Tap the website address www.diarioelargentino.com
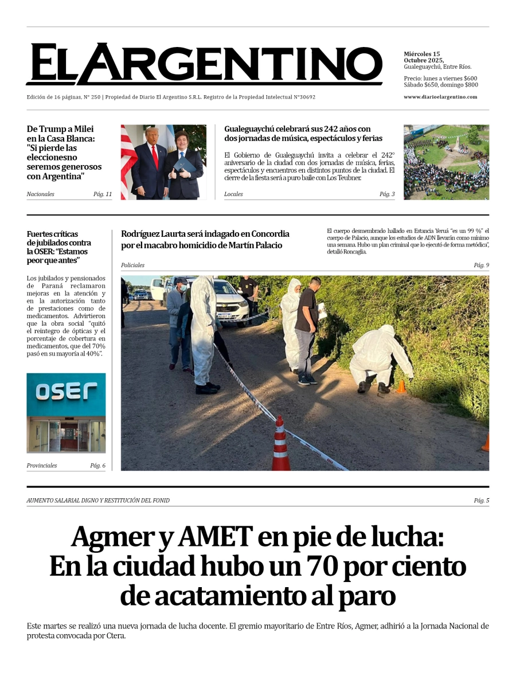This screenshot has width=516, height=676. (440, 97)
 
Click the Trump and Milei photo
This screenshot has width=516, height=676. (163, 162)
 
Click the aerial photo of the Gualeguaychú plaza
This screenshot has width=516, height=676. (446, 162)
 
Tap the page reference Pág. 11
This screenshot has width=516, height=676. (103, 194)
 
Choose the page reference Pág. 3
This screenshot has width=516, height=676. (387, 194)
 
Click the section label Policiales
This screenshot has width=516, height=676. (132, 265)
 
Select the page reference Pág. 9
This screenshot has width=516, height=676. (481, 265)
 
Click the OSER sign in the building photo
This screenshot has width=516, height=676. (66, 392)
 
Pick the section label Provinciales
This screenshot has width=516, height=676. (42, 466)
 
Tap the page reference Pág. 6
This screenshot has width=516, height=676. (97, 466)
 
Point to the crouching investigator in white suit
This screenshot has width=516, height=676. (378, 358)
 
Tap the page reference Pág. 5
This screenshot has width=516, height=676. (481, 501)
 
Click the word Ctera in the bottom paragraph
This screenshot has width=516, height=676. (113, 636)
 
